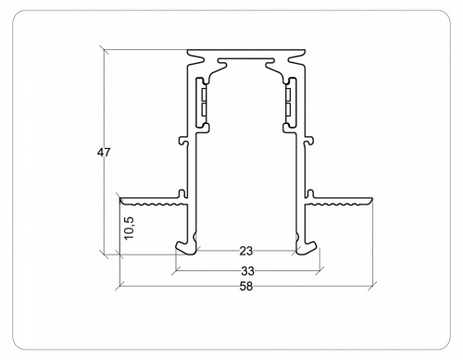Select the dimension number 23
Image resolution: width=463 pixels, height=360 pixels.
(246, 250)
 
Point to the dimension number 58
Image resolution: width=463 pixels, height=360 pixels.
(246, 286)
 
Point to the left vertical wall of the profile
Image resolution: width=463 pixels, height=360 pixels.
(189, 176)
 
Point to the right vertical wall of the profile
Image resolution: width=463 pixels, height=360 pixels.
(304, 176)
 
